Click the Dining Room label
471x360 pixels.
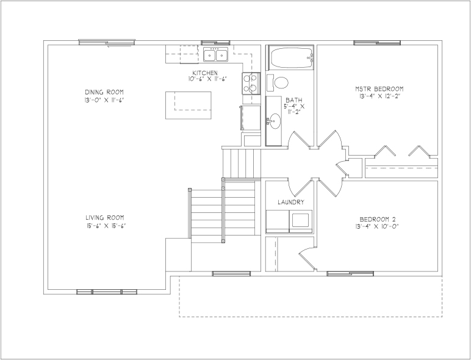(x=104, y=92)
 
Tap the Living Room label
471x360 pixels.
(x=105, y=218)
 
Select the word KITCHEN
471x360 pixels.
(x=205, y=73)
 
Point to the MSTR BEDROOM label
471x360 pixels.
(x=379, y=89)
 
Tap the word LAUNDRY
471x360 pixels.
(x=291, y=202)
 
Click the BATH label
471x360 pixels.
(x=294, y=100)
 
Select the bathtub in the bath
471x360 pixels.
(x=292, y=57)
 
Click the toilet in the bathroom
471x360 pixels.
(x=278, y=82)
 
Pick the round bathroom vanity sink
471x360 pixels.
(x=275, y=121)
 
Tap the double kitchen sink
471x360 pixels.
(x=215, y=54)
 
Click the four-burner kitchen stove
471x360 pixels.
(x=251, y=84)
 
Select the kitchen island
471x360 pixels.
(x=189, y=105)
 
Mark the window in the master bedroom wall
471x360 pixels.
(x=377, y=43)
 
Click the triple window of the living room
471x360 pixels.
(x=107, y=292)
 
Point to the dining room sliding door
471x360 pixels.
(x=107, y=42)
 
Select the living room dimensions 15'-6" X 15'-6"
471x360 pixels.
(x=105, y=226)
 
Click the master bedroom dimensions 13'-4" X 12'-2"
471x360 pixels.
(x=379, y=96)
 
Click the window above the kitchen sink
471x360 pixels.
(x=215, y=43)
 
